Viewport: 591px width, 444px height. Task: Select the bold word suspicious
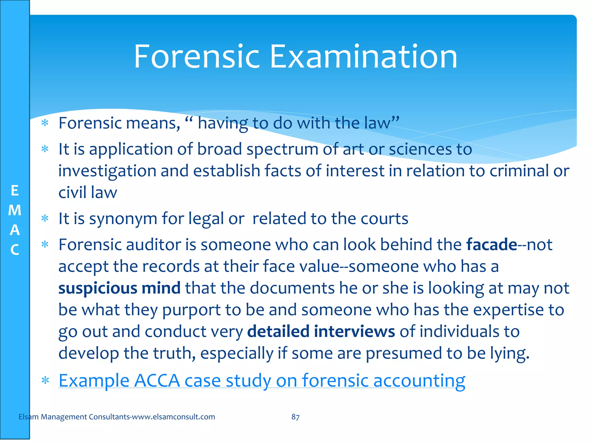click(x=98, y=288)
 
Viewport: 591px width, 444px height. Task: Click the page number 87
click(x=295, y=417)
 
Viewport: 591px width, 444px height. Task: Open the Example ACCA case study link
click(x=262, y=380)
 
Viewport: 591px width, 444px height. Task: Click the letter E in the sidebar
click(x=15, y=191)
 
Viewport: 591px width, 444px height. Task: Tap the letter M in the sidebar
click(x=15, y=210)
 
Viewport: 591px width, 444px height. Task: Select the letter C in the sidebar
click(x=15, y=250)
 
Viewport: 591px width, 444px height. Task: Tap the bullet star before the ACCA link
click(x=45, y=380)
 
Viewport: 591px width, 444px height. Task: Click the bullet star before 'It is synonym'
click(x=45, y=219)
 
